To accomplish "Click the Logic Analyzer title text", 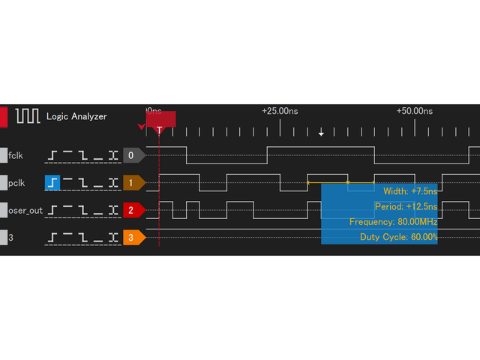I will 76,116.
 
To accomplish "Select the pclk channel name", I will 16,182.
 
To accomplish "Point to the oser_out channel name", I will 25,210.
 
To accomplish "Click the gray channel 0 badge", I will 132,155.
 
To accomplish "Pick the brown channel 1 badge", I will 132,182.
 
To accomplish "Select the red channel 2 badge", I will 132,210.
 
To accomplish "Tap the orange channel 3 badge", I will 132,238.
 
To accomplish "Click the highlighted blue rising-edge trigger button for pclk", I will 52,182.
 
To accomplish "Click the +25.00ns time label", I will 280,111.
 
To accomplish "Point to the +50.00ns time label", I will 415,111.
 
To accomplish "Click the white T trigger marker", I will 159,130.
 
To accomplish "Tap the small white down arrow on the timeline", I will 321,133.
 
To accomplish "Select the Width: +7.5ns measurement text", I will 410,190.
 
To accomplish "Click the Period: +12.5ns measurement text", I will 406,206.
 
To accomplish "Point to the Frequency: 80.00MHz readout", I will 393,222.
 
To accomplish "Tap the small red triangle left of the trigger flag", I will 142,127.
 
